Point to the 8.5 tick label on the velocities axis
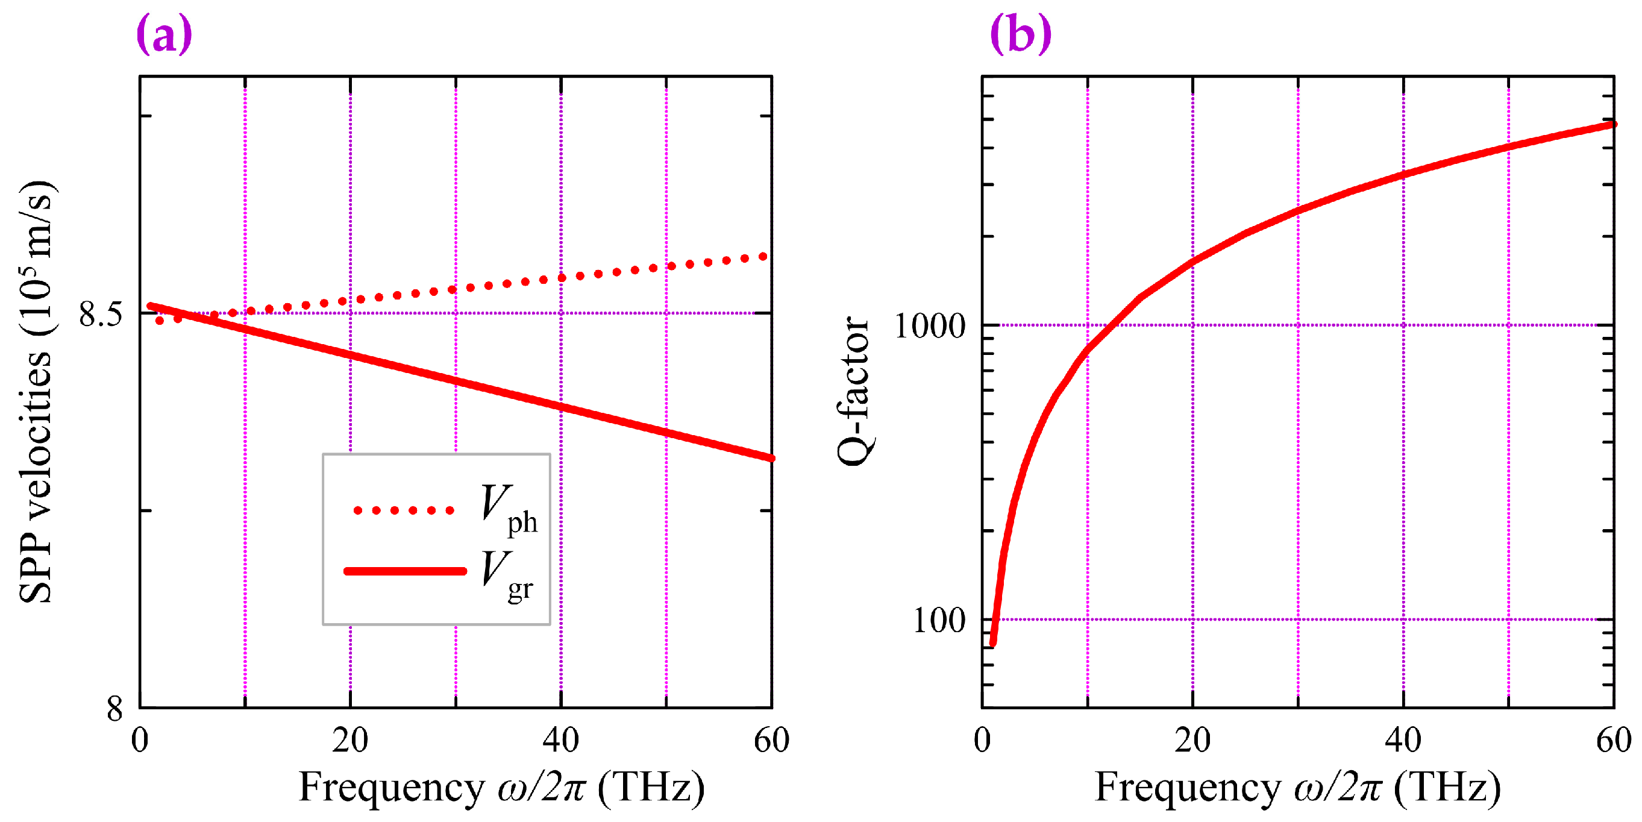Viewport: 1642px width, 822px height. pyautogui.click(x=100, y=314)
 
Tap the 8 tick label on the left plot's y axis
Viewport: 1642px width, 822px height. pyautogui.click(x=114, y=708)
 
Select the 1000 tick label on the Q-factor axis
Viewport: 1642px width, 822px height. pyautogui.click(x=930, y=327)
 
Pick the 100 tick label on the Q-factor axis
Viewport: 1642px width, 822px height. pyautogui.click(x=939, y=620)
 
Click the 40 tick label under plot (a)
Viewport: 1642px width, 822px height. pyautogui.click(x=561, y=741)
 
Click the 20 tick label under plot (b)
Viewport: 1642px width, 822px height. pyautogui.click(x=1192, y=741)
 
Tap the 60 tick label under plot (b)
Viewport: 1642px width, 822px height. pyautogui.click(x=1613, y=741)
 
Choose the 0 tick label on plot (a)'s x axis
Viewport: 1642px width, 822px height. pyautogui.click(x=140, y=741)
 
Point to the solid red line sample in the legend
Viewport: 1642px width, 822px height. pyautogui.click(x=405, y=571)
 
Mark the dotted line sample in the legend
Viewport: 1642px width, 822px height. pyautogui.click(x=404, y=510)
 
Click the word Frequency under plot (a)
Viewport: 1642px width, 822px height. pyautogui.click(x=392, y=787)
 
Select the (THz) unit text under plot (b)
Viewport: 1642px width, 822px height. pyautogui.click(x=1447, y=787)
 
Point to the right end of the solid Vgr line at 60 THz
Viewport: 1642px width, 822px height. pyautogui.click(x=771, y=457)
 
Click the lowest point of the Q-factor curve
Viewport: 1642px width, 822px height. pyautogui.click(x=992, y=644)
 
